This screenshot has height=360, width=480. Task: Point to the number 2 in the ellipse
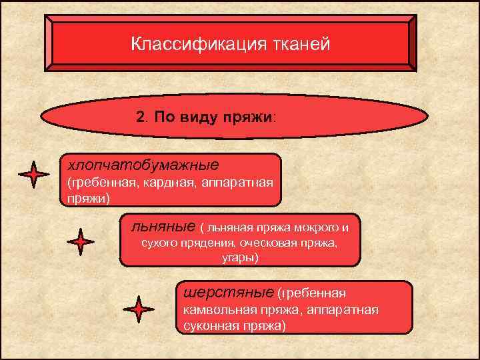[139, 117]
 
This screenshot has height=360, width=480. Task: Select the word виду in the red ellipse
[203, 117]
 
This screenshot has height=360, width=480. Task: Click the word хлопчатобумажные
[139, 163]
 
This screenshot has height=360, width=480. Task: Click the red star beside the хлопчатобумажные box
[33, 175]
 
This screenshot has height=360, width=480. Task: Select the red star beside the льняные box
[81, 242]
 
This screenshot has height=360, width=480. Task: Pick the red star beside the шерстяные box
[138, 309]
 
